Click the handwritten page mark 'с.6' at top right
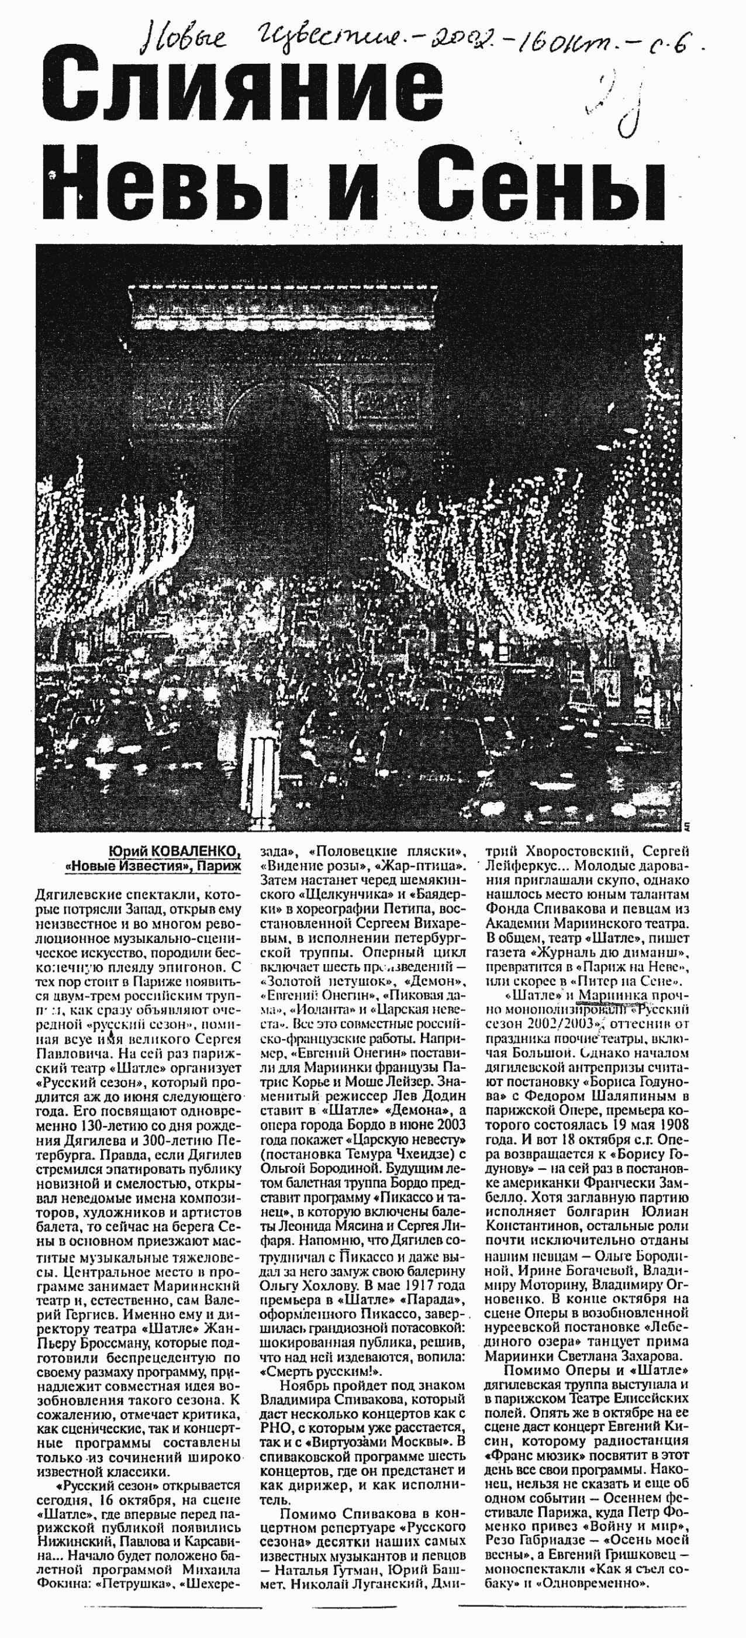click(x=668, y=44)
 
